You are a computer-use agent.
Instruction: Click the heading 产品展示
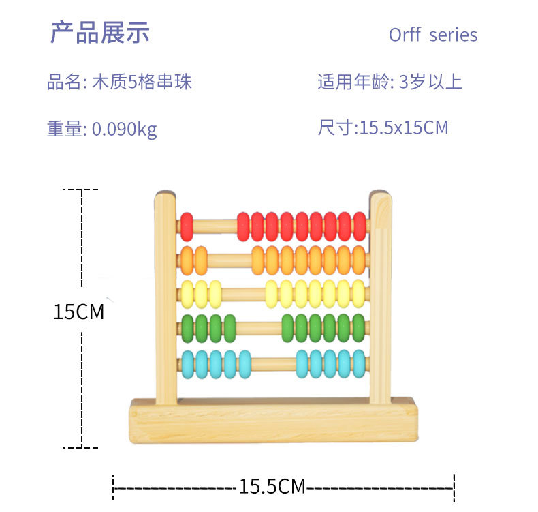pyautogui.click(x=100, y=33)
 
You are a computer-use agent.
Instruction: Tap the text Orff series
pyautogui.click(x=433, y=35)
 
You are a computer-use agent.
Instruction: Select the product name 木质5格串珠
pyautogui.click(x=142, y=82)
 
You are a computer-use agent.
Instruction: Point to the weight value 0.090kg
pyautogui.click(x=124, y=130)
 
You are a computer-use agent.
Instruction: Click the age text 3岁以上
pyautogui.click(x=430, y=82)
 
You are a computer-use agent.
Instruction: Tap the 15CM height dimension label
pyautogui.click(x=78, y=312)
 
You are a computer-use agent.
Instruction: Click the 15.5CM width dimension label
pyautogui.click(x=272, y=486)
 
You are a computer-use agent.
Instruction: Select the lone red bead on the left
pyautogui.click(x=187, y=226)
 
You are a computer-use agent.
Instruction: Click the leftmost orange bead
pyautogui.click(x=187, y=260)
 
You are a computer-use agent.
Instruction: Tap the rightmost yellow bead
pyautogui.click(x=359, y=294)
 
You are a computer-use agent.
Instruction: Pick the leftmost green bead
pyautogui.click(x=187, y=329)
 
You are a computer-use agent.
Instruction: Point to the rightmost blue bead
pyautogui.click(x=360, y=363)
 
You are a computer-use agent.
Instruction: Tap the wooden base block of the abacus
pyautogui.click(x=274, y=421)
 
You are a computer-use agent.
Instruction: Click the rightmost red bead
pyautogui.click(x=360, y=226)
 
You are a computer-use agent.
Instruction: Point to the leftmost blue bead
pyautogui.click(x=188, y=364)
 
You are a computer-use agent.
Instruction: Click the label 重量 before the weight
pyautogui.click(x=64, y=129)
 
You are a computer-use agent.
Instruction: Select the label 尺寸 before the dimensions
pyautogui.click(x=335, y=127)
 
